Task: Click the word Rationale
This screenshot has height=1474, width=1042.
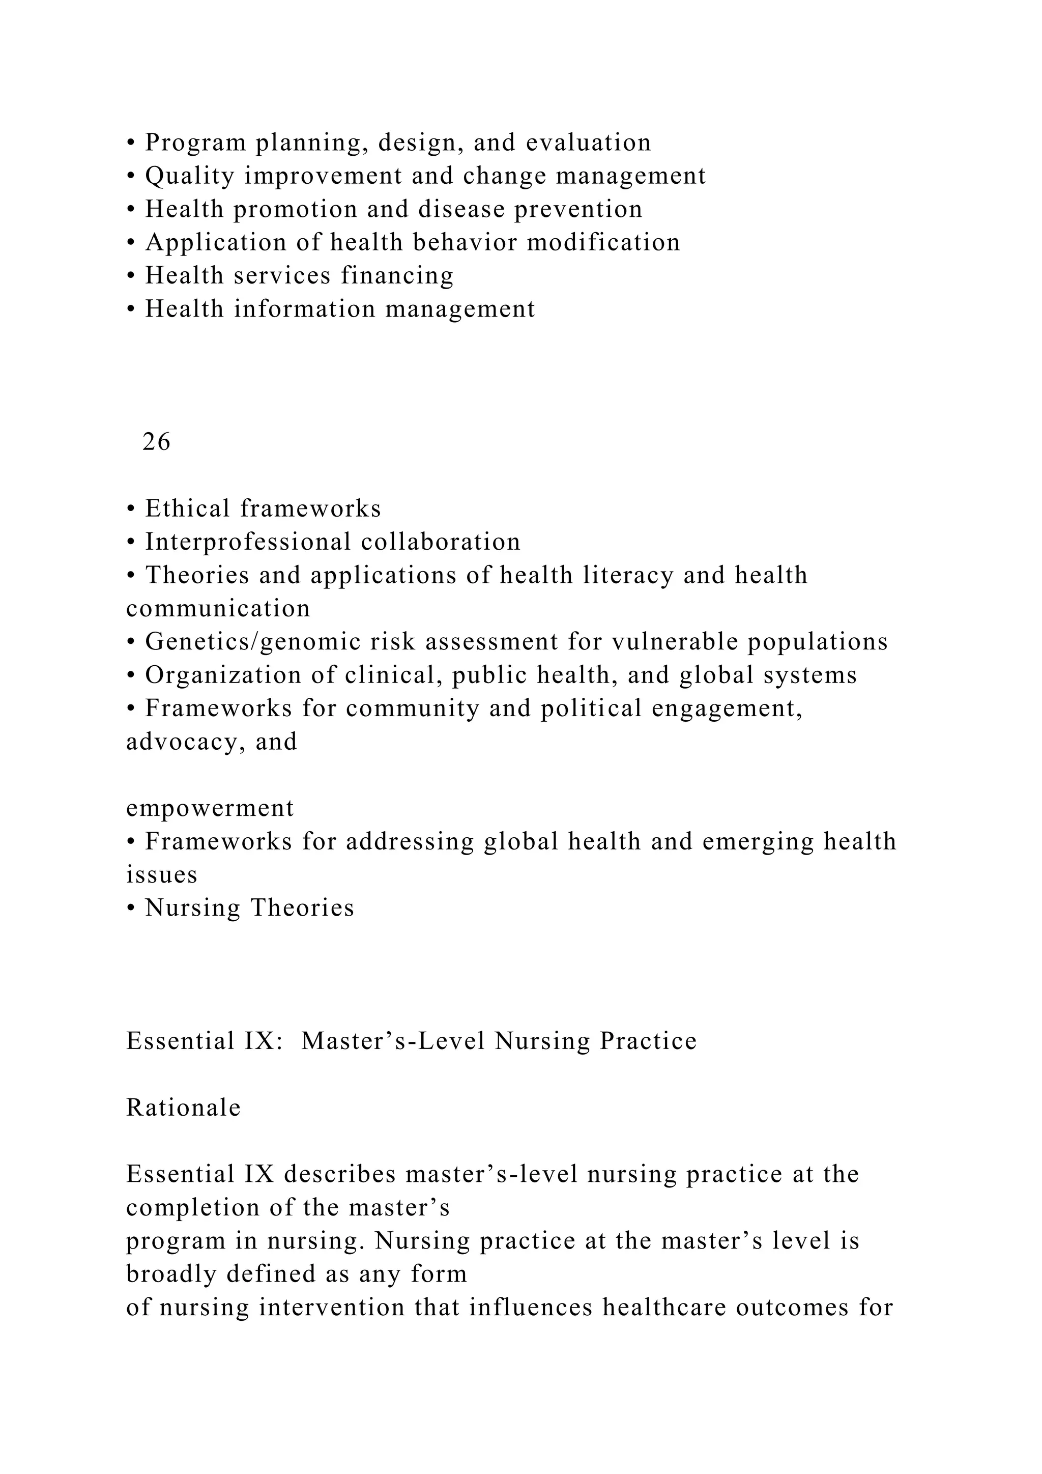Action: pos(184,1108)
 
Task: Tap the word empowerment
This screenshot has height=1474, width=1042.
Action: pos(210,808)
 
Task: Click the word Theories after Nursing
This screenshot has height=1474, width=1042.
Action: pos(302,908)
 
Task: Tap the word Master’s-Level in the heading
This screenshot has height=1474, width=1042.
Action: pos(393,1041)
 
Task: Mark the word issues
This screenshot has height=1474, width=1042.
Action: pos(162,874)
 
